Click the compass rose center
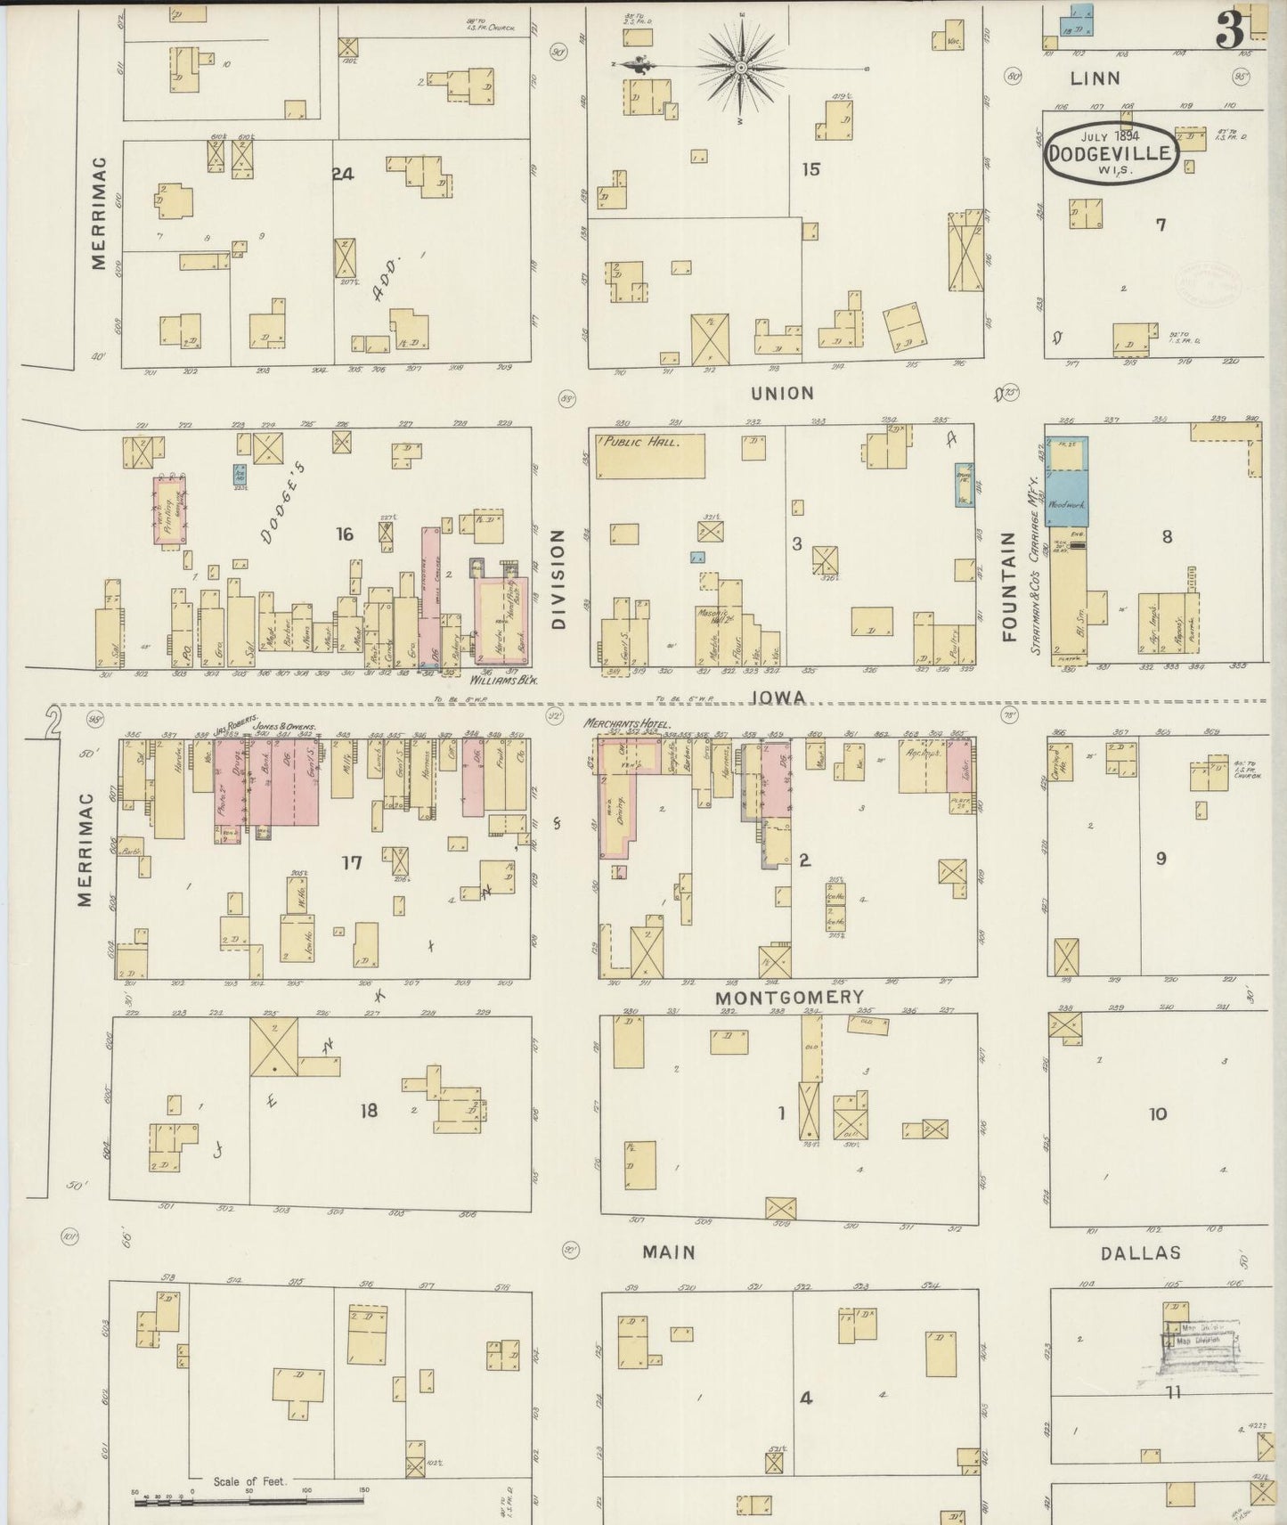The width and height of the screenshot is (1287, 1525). (x=740, y=67)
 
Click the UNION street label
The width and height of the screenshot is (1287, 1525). (x=782, y=393)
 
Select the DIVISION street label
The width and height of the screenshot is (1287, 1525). (x=559, y=580)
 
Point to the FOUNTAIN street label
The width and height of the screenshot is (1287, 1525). (x=1009, y=587)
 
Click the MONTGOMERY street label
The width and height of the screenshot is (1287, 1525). (x=790, y=998)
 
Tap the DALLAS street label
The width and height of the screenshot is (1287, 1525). (x=1140, y=1253)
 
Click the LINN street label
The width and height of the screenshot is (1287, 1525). (x=1096, y=78)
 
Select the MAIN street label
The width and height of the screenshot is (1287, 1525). (x=669, y=1252)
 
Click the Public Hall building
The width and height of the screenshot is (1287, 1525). (x=649, y=455)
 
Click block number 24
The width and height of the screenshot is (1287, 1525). (x=343, y=175)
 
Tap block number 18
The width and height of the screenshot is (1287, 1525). (x=368, y=1111)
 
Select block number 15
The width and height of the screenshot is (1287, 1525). (x=810, y=168)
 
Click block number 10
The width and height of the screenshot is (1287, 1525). (x=1157, y=1113)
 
